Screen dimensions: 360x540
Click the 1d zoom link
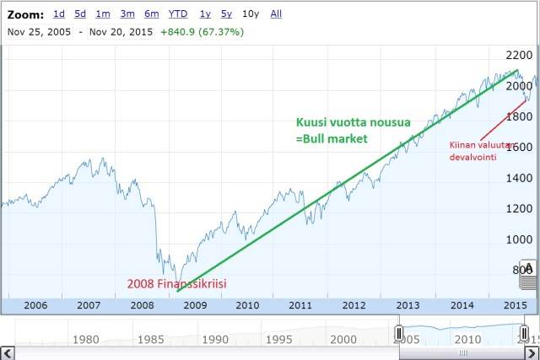coord(58,13)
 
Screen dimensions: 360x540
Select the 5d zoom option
coord(80,13)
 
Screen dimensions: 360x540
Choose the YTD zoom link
coord(178,13)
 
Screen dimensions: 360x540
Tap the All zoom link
coord(276,13)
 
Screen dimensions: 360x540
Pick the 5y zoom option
coord(227,13)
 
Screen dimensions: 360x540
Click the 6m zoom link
coord(152,13)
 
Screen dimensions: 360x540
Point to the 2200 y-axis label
coord(520,56)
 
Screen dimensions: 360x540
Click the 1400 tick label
coord(520,178)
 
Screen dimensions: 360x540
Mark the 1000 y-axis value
coord(520,239)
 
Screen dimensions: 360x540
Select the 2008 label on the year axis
coord(141,305)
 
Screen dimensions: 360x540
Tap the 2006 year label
coord(35,305)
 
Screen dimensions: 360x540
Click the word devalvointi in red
coord(472,157)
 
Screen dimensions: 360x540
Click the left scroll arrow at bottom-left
coord(7,352)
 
